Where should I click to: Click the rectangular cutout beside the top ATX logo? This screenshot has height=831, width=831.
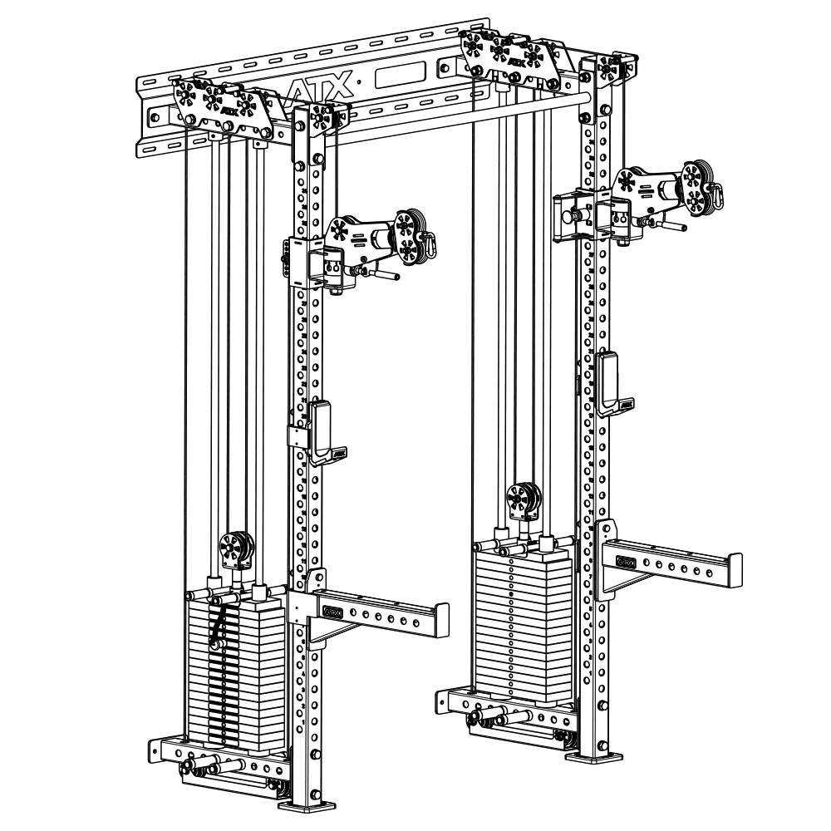[405, 77]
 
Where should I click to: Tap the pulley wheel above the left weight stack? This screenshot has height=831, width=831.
[234, 549]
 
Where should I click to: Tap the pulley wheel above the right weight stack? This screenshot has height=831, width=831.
[524, 499]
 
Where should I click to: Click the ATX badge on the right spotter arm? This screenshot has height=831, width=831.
[625, 563]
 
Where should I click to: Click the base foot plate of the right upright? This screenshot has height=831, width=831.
[594, 756]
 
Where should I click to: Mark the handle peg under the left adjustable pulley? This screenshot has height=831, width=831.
[387, 274]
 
